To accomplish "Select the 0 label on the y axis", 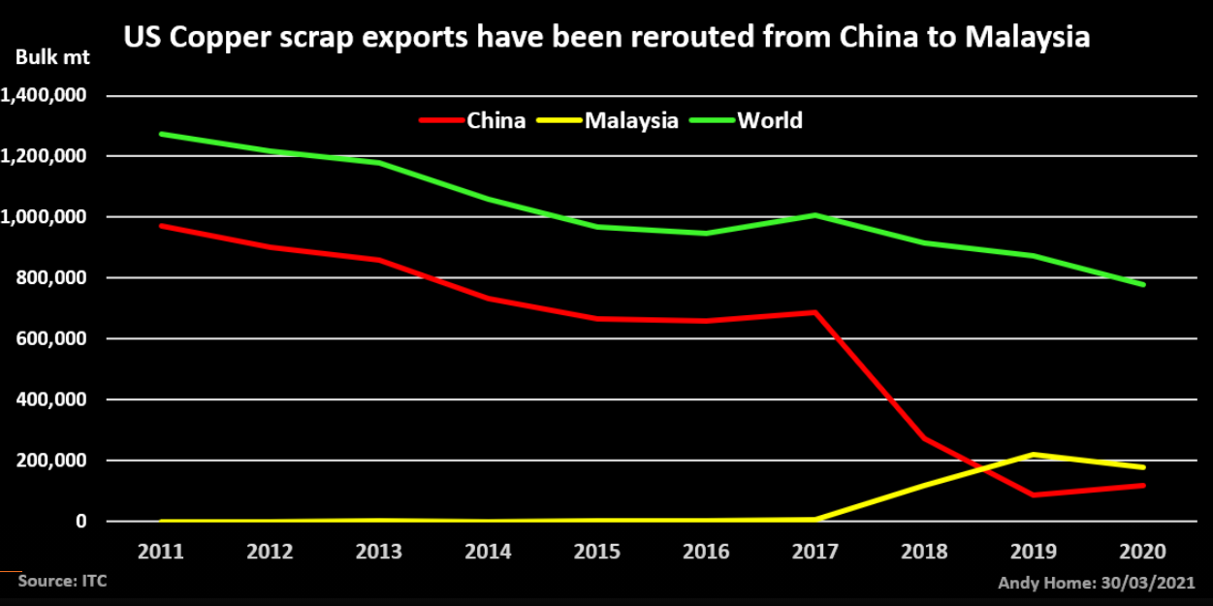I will coord(81,522).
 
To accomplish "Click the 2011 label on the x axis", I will coord(161,552).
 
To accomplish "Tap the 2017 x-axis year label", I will coord(816,552).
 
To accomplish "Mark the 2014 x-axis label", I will coord(489,552).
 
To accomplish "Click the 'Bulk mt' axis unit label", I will coord(52,57).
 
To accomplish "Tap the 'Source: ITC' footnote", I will coord(62,582).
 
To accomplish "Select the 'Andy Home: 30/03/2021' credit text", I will coord(1096,583).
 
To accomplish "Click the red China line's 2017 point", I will coord(816,312).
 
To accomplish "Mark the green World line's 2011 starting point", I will coord(161,134).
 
